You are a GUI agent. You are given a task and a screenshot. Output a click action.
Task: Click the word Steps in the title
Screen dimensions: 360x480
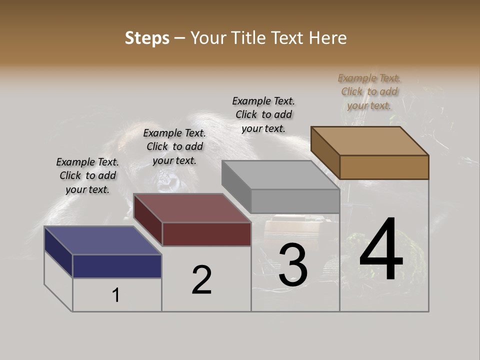click(147, 38)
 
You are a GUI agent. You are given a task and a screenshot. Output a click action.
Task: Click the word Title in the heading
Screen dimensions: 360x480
click(247, 38)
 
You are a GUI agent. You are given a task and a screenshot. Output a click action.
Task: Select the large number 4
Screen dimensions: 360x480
click(381, 250)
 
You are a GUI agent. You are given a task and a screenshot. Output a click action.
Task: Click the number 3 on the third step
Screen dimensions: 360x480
click(293, 264)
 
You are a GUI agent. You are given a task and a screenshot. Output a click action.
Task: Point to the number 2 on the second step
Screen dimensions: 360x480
click(201, 280)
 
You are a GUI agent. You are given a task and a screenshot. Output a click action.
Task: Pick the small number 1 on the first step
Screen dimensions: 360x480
click(115, 295)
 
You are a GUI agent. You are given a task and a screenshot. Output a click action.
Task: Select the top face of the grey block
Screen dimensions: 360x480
click(280, 175)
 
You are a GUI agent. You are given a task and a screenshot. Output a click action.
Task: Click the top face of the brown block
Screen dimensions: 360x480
click(369, 140)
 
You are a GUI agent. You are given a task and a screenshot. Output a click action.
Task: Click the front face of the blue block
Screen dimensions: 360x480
click(117, 266)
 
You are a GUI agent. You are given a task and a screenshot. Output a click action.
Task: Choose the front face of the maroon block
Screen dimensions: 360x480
click(206, 234)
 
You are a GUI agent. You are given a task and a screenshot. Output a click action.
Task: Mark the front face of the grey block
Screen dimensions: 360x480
click(295, 201)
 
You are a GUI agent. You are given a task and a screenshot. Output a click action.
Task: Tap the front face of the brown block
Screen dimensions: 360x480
click(384, 167)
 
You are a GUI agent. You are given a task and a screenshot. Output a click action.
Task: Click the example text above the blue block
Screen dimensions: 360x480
click(87, 175)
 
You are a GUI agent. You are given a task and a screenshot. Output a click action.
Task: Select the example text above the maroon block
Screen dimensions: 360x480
click(174, 146)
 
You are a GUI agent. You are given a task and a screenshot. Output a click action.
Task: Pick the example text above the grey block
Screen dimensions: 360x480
click(263, 114)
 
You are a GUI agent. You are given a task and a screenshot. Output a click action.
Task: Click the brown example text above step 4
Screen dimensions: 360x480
click(369, 91)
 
